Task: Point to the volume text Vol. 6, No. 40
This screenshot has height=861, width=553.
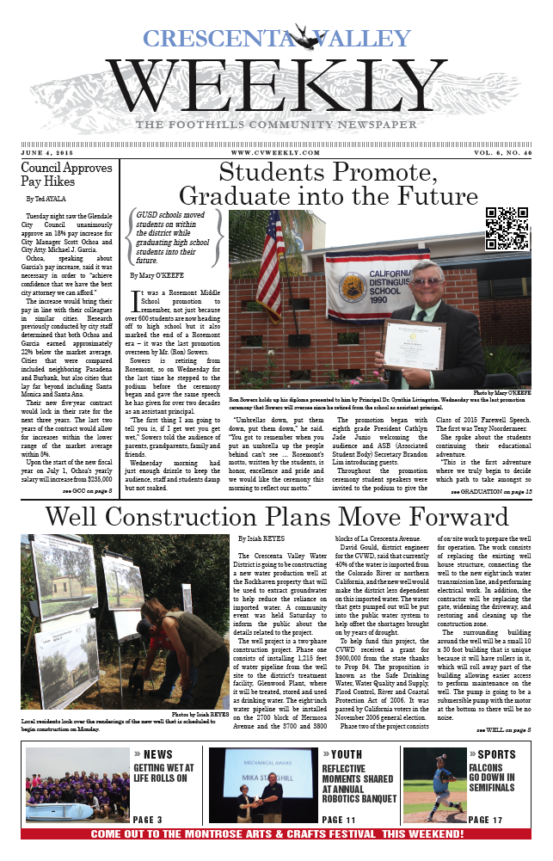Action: pyautogui.click(x=490, y=151)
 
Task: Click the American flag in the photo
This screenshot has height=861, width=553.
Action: pyautogui.click(x=269, y=262)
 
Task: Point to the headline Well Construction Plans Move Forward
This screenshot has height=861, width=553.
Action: pyautogui.click(x=276, y=517)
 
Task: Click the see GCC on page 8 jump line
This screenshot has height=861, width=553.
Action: pyautogui.click(x=88, y=490)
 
